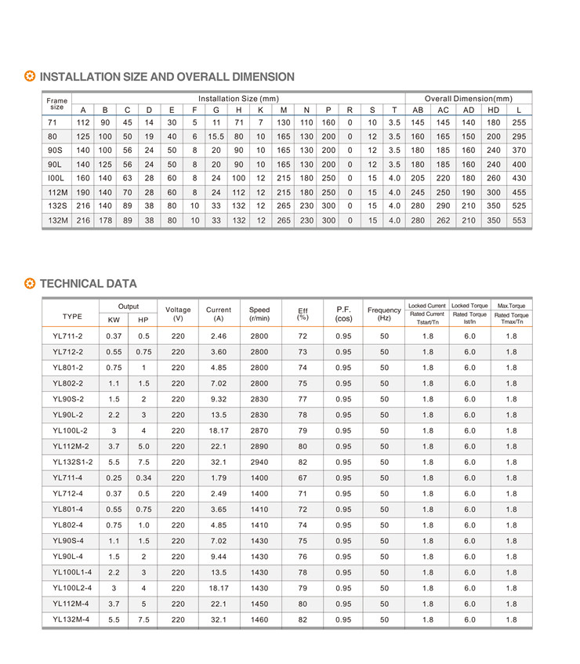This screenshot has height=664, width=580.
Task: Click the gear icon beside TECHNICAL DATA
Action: click(x=30, y=284)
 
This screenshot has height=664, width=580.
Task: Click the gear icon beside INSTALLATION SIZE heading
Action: click(x=30, y=77)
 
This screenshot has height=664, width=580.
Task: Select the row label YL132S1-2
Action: click(x=72, y=462)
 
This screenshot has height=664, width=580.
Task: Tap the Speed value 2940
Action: click(x=259, y=462)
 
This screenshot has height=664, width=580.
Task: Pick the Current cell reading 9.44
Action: click(x=218, y=556)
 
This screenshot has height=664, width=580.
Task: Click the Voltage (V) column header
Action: click(x=178, y=314)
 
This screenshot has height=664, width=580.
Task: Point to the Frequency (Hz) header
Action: click(x=384, y=314)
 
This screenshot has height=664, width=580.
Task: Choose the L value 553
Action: click(x=519, y=221)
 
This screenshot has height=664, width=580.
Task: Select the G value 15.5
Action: click(x=216, y=136)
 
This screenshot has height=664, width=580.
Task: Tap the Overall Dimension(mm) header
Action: click(x=468, y=99)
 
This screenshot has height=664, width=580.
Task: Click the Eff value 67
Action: click(x=303, y=477)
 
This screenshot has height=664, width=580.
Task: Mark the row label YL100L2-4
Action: click(x=72, y=587)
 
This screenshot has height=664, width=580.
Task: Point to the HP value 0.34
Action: click(x=143, y=477)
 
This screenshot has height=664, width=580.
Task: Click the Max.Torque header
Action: click(x=511, y=305)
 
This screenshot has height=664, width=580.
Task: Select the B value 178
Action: click(x=105, y=221)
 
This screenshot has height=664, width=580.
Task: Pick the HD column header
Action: click(x=493, y=110)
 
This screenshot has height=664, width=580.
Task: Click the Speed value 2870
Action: click(x=259, y=430)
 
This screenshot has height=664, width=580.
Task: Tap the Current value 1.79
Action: click(x=218, y=477)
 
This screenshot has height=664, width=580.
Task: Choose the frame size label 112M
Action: click(x=54, y=193)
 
